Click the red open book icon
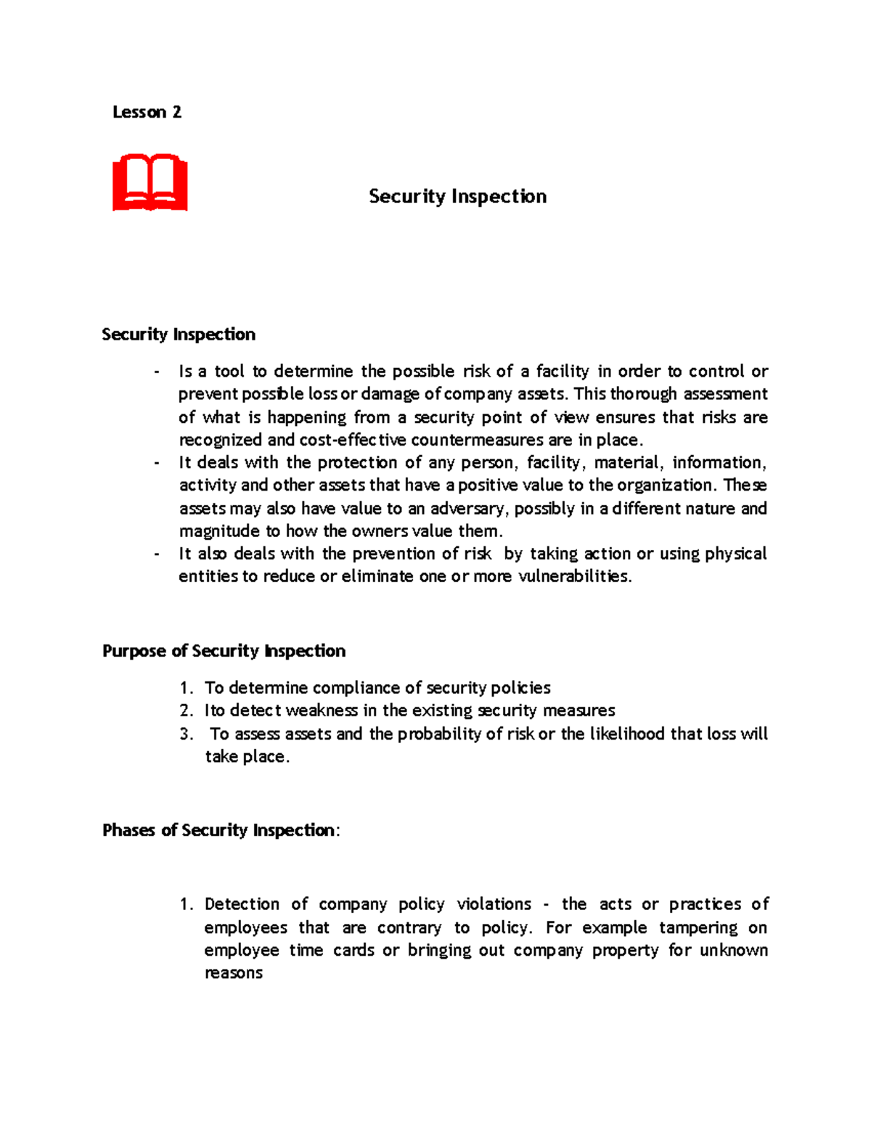(x=150, y=182)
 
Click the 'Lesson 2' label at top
(x=147, y=112)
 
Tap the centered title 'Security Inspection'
(x=457, y=197)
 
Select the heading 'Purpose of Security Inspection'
(x=224, y=651)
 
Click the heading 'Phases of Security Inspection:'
(x=221, y=830)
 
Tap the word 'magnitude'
(x=219, y=531)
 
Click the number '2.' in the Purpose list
(x=187, y=710)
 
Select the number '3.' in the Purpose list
(x=187, y=734)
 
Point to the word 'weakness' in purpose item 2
(x=322, y=710)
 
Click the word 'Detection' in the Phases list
(x=242, y=904)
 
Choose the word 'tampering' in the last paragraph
(x=698, y=928)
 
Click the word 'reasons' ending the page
(x=233, y=973)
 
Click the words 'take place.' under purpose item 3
(x=247, y=757)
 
